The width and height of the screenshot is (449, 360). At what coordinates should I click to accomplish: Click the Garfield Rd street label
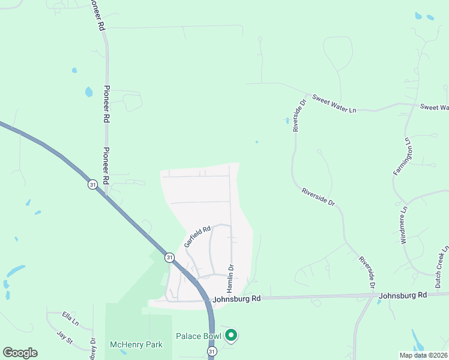click(197, 236)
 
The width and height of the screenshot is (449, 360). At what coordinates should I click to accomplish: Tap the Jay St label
click(64, 340)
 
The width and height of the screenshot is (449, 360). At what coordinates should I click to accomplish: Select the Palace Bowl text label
click(199, 335)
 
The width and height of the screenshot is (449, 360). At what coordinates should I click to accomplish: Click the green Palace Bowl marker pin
click(231, 336)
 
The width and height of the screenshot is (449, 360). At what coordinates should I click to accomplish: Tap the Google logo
click(20, 353)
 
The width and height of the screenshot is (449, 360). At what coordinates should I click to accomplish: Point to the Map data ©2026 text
click(424, 355)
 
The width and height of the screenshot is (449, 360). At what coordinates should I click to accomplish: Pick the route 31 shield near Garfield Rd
click(170, 257)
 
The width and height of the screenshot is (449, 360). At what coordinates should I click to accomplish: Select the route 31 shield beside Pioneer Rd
click(92, 185)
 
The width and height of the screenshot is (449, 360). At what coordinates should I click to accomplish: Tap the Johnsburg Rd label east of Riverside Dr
click(402, 295)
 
